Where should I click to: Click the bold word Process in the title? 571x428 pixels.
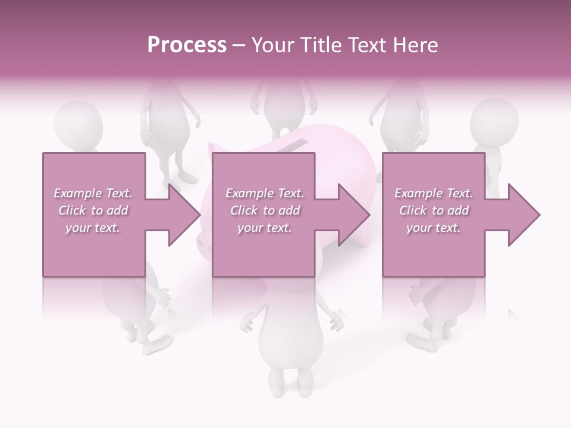[x=187, y=45]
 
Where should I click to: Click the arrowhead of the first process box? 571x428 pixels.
[x=184, y=215]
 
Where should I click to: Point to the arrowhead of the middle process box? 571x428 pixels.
[x=353, y=215]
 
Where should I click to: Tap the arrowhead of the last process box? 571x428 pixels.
[x=523, y=215]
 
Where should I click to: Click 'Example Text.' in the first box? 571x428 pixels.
[x=93, y=193]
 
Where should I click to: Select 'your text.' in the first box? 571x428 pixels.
[x=93, y=228]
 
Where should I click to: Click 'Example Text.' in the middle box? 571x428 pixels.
[x=265, y=193]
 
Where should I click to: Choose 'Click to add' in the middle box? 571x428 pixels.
[x=265, y=210]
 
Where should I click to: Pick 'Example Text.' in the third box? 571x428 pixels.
[x=434, y=193]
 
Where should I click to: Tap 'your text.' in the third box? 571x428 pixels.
[x=434, y=228]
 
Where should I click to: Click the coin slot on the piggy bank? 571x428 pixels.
[x=295, y=143]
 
